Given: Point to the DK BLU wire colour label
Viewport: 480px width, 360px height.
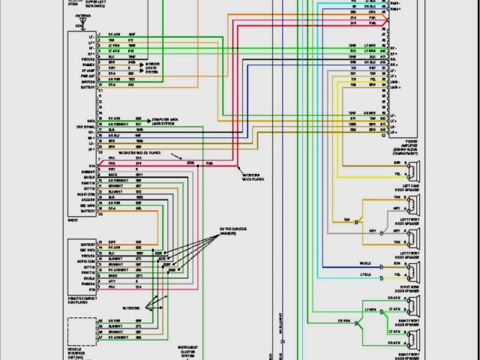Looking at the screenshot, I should click(x=366, y=264).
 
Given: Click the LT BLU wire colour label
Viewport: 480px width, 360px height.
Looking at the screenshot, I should click(x=366, y=275).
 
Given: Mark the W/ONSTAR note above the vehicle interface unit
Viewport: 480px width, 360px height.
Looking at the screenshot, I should click(x=132, y=308).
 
